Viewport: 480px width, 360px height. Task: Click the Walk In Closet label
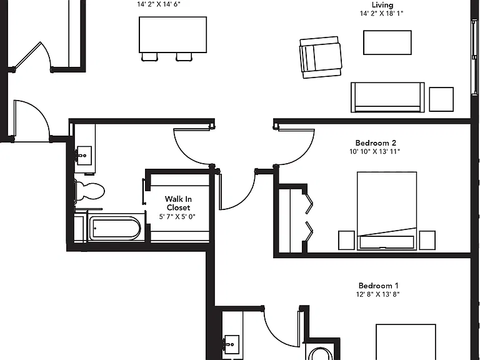point(178,203)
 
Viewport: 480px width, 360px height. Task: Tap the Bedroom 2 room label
point(376,143)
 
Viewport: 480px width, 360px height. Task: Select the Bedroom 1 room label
point(378,286)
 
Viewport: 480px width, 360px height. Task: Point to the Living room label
point(382,5)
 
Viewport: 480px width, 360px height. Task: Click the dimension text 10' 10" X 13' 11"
point(375,151)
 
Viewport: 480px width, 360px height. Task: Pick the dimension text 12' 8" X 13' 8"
point(377,294)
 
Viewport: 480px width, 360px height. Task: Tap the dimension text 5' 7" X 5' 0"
point(177,217)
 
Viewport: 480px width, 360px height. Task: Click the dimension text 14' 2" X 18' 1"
point(381,14)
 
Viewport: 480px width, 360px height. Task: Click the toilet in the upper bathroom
point(89,191)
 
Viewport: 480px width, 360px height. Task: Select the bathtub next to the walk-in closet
point(115,228)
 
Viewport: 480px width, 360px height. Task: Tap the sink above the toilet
point(84,156)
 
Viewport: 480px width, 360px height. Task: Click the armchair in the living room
point(321,57)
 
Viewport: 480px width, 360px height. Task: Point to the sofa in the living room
point(387,97)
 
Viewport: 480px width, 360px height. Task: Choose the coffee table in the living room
point(387,42)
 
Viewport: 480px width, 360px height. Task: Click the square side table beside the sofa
point(441,99)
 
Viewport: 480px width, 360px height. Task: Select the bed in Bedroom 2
point(387,211)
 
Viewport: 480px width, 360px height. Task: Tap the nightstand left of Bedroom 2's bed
point(346,240)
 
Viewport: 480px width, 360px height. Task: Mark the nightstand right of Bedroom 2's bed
point(427,240)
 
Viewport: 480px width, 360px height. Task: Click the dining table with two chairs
point(172,38)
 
